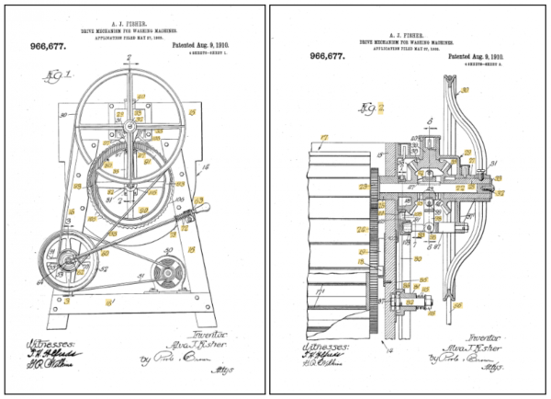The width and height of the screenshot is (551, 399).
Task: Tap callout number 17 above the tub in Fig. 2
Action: pyautogui.click(x=321, y=141)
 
